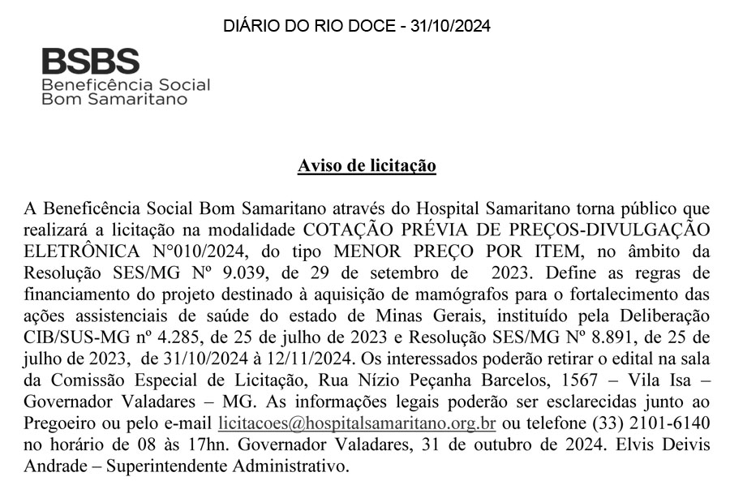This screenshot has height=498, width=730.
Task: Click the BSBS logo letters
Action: point(90,61)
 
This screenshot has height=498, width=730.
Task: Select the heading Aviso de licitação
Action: point(367,166)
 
